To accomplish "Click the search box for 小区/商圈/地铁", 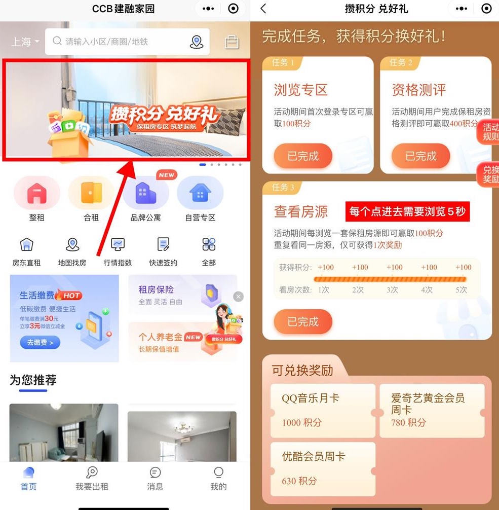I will coord(122,42).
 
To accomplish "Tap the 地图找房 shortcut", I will coord(72,251).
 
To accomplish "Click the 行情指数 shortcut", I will coord(118,251).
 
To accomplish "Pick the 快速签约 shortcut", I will coord(163,251).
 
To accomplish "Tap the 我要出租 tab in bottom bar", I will coord(92,479).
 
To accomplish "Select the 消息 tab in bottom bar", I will coord(155,479).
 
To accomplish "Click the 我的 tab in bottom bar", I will coord(218,479).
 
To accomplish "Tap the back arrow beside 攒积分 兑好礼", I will coord(263,9).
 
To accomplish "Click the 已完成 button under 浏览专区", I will coord(303,156).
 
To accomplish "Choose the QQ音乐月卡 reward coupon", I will coord(323,410).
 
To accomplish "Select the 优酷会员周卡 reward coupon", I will coord(323,468).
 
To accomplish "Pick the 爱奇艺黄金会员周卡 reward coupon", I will coord(432,410).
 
